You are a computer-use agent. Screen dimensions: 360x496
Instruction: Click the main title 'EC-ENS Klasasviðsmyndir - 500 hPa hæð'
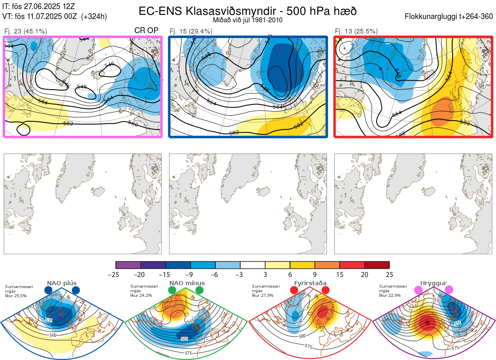(x=248, y=11)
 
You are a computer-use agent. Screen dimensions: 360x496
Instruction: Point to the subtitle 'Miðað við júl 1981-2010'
(x=248, y=19)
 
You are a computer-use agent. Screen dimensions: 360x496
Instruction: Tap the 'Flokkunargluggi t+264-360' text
(x=450, y=17)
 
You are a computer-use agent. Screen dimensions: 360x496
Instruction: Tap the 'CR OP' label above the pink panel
(x=147, y=31)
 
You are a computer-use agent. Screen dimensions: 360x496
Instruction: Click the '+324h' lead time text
(x=95, y=17)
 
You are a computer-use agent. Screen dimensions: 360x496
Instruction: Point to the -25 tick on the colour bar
(x=116, y=274)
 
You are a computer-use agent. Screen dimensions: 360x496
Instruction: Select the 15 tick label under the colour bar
(x=340, y=274)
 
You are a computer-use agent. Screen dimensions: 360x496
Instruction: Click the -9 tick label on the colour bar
(x=191, y=274)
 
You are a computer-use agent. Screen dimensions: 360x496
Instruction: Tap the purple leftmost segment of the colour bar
(x=128, y=265)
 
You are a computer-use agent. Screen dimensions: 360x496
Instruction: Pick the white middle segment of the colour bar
(x=253, y=265)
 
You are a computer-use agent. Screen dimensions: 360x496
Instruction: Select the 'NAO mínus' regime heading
(x=186, y=283)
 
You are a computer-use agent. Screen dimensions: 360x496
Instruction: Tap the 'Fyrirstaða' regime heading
(x=310, y=283)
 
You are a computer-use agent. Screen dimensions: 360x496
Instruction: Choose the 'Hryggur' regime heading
(x=434, y=283)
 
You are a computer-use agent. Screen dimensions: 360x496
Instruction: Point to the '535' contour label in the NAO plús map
(x=49, y=320)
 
